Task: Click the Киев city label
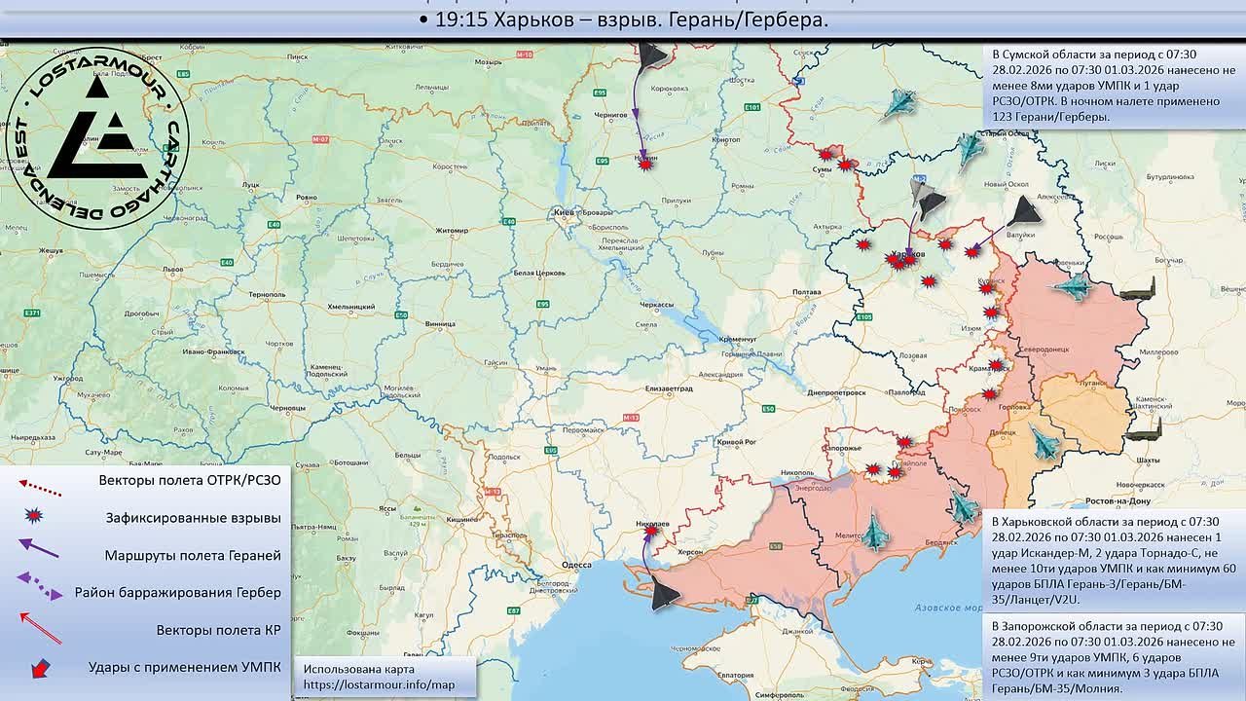[563, 211]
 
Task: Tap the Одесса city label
[576, 565]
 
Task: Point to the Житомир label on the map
[451, 231]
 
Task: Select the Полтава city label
[808, 292]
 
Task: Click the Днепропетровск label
[836, 392]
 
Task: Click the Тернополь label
[267, 294]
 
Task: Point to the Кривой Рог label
[736, 442]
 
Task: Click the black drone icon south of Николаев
[665, 593]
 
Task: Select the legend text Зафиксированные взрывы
[193, 518]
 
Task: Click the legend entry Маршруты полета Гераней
[193, 555]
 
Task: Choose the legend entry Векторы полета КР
[218, 630]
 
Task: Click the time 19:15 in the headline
[462, 20]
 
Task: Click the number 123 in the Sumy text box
[1004, 117]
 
